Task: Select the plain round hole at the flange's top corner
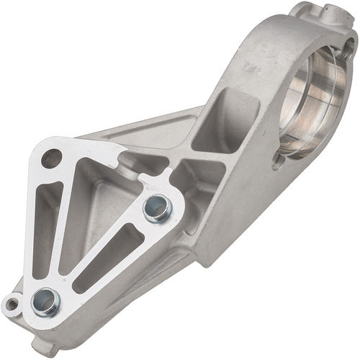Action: click(51, 157)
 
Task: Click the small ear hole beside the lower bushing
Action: click(12, 302)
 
